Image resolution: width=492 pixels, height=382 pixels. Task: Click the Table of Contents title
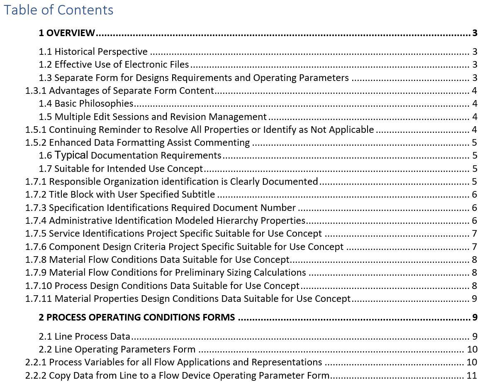(x=58, y=10)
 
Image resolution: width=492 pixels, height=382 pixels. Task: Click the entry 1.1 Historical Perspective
(x=93, y=52)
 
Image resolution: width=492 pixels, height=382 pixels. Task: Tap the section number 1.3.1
(x=36, y=91)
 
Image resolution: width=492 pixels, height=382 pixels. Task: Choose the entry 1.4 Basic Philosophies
(x=86, y=104)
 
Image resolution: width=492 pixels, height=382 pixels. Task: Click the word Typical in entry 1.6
(x=71, y=155)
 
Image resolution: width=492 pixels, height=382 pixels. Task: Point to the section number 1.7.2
(x=36, y=194)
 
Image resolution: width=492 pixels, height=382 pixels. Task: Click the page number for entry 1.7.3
(x=474, y=208)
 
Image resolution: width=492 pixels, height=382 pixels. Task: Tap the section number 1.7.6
(x=36, y=247)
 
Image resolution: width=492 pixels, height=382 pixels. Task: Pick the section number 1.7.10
(x=39, y=286)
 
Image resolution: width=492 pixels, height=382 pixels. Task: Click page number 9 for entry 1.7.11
(x=474, y=299)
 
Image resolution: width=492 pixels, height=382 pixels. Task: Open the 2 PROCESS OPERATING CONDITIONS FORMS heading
(x=137, y=318)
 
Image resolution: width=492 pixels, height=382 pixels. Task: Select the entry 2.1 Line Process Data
(x=85, y=336)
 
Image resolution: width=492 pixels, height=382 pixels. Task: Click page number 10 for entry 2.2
(x=472, y=349)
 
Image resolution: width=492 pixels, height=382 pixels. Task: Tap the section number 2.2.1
(x=36, y=362)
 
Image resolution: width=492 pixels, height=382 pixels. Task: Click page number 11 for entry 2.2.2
(x=472, y=375)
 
